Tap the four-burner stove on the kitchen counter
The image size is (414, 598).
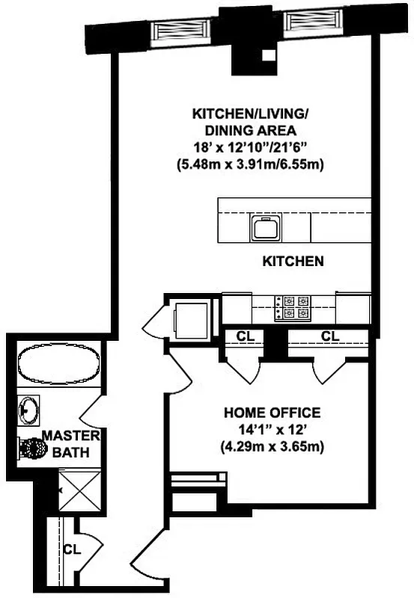tap(293, 307)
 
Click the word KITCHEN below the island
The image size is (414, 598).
tap(293, 262)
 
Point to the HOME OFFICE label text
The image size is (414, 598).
tap(272, 413)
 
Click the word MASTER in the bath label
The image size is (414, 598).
tap(67, 436)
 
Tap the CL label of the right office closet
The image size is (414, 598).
tap(329, 336)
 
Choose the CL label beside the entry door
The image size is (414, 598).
tap(72, 549)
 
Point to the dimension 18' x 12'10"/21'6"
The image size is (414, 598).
tap(250, 147)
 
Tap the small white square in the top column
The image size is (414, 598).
tap(267, 55)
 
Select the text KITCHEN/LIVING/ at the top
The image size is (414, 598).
tap(250, 114)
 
